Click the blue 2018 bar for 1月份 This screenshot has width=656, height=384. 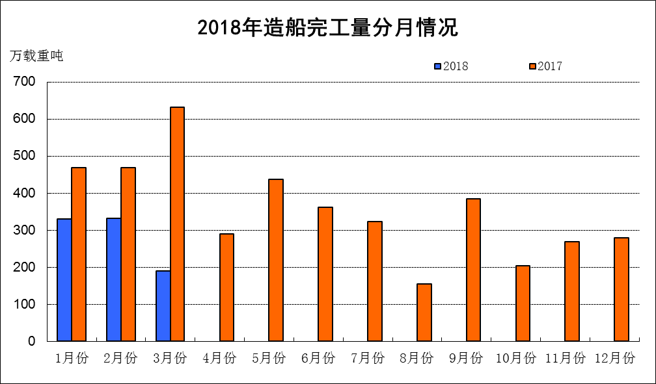coord(64,279)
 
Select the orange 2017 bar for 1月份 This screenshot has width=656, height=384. coord(79,254)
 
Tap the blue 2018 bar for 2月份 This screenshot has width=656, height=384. coord(113,279)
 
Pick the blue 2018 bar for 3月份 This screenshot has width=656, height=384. coord(163,305)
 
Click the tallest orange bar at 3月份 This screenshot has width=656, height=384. coord(177,224)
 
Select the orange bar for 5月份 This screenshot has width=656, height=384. coord(276,260)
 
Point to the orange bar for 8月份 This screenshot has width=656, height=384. coord(424,313)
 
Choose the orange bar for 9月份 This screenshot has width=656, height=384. coord(473,270)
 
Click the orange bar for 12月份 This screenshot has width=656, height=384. coord(622,289)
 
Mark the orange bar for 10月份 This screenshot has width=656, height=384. coord(523,303)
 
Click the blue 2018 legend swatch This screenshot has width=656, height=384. coord(438,66)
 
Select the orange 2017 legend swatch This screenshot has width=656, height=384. coord(532,66)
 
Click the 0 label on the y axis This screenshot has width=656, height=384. coord(31,341)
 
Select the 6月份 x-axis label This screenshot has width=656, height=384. coord(318,358)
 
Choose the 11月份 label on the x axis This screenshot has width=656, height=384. coord(566,358)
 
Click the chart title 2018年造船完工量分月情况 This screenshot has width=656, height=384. coord(328,28)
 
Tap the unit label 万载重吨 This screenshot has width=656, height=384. coord(36,56)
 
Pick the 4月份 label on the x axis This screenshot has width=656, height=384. coord(219,358)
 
